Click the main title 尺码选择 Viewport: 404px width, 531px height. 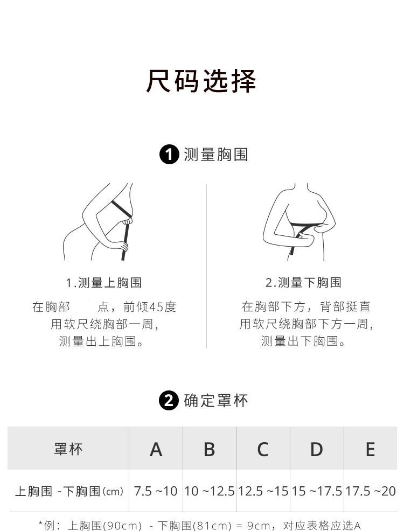click(x=201, y=81)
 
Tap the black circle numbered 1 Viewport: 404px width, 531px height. click(x=169, y=155)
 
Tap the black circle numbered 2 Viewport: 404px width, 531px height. click(x=169, y=401)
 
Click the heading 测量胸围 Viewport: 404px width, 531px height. click(x=216, y=155)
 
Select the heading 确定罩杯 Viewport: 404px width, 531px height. click(x=216, y=401)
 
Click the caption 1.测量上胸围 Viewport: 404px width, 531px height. click(x=103, y=282)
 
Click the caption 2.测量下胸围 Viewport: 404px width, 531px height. click(x=303, y=282)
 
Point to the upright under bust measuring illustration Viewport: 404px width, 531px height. click(x=299, y=222)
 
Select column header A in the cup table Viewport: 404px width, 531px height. click(x=156, y=449)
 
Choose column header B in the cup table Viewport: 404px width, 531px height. click(x=210, y=449)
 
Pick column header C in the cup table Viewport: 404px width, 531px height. click(x=263, y=449)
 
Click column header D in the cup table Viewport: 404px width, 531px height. click(x=317, y=449)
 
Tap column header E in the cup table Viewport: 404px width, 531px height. click(x=370, y=449)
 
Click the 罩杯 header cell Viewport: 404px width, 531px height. click(x=68, y=449)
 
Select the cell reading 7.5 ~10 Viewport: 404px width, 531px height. click(x=156, y=491)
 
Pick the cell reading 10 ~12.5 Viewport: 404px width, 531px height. click(x=210, y=491)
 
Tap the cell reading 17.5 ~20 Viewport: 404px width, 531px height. click(x=371, y=491)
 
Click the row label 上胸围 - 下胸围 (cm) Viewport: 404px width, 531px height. click(x=69, y=491)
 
